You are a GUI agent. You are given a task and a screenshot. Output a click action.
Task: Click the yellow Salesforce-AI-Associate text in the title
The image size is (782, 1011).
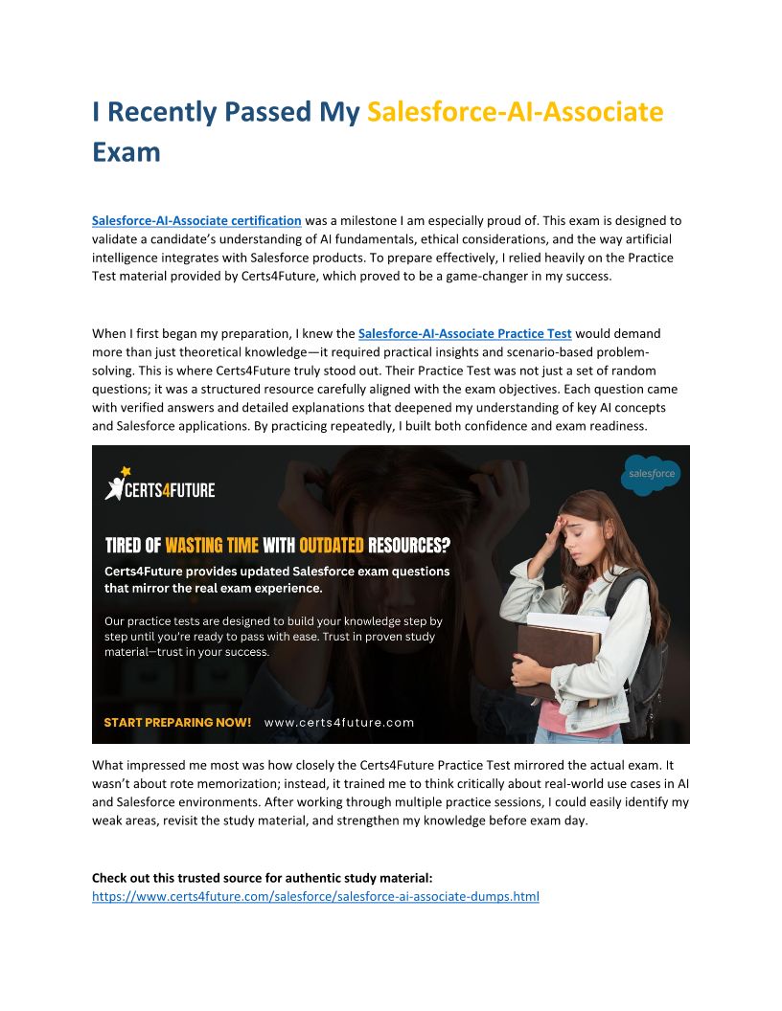coord(515,112)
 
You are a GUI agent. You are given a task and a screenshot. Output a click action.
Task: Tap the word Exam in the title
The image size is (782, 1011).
coord(126,152)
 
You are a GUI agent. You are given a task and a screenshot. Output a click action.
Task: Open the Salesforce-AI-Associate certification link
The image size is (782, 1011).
coord(196,220)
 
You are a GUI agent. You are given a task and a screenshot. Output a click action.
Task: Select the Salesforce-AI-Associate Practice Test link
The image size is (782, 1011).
coord(465,333)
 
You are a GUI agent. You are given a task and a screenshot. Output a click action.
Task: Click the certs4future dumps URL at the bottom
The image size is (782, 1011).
coord(315,897)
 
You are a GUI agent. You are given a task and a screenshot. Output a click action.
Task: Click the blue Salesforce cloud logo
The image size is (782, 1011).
coord(651,474)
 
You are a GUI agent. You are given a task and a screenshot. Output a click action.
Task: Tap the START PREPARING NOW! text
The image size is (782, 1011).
coord(177,722)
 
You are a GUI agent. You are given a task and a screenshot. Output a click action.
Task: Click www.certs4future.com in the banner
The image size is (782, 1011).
coord(339,722)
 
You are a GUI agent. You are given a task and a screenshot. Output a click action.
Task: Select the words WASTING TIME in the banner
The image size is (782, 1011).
coord(212,546)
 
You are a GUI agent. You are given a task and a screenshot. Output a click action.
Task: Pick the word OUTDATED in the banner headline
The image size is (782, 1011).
coord(332,546)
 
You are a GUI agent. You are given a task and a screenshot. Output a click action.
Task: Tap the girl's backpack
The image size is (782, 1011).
coord(648,651)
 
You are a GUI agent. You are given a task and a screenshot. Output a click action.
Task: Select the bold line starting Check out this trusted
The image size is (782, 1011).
coord(262,878)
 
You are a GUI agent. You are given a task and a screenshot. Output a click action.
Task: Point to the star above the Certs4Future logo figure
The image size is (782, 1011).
coord(125,470)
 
